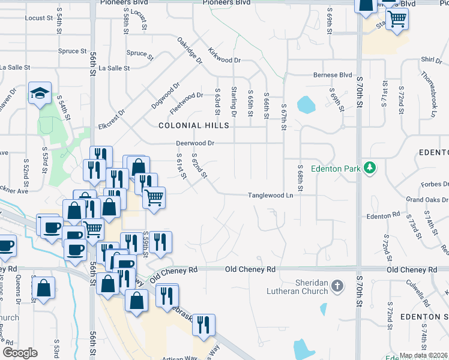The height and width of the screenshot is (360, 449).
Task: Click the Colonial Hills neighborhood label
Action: pyautogui.click(x=194, y=125)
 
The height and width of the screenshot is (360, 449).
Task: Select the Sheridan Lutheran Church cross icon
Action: pyautogui.click(x=337, y=286)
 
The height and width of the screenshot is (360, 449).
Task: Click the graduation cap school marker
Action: pyautogui.click(x=40, y=94)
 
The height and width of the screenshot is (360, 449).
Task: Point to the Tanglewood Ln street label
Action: pyautogui.click(x=271, y=196)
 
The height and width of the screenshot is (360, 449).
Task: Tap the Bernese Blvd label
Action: pyautogui.click(x=332, y=76)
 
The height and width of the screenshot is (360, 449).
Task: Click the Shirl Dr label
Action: pyautogui.click(x=428, y=59)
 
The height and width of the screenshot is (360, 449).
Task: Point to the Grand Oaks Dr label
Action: pyautogui.click(x=427, y=199)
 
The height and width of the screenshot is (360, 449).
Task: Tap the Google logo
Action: pyautogui.click(x=20, y=353)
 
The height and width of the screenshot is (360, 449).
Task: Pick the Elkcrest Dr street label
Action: pyautogui.click(x=112, y=120)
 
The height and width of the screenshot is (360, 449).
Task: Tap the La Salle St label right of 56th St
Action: pyautogui.click(x=114, y=68)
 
